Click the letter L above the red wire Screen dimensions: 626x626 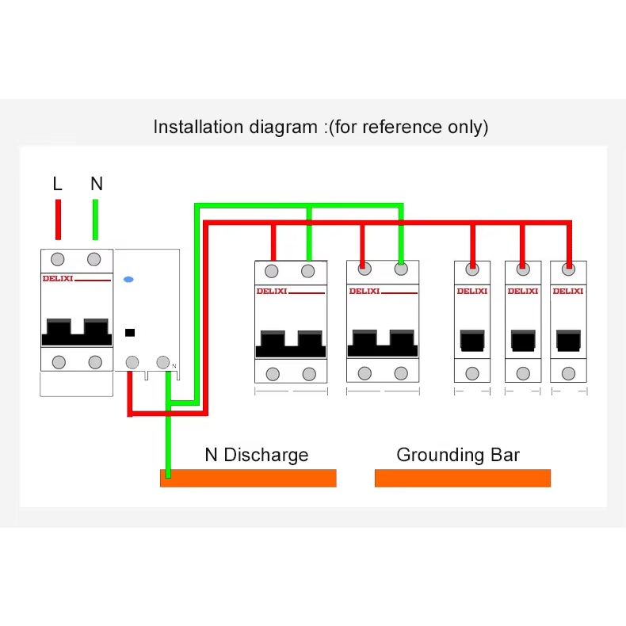[57, 184]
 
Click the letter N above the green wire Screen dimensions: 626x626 [97, 184]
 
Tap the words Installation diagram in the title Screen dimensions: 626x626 [235, 127]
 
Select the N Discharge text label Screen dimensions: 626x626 [256, 455]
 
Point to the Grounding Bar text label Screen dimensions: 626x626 [458, 455]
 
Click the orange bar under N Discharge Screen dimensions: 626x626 [248, 478]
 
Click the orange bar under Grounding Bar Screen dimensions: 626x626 [462, 478]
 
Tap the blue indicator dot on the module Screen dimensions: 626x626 [128, 280]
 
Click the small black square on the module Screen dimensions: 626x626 [130, 333]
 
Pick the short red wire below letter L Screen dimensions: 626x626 [58, 219]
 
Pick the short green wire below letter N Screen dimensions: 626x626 [95, 219]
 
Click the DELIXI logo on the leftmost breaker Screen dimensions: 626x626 [57, 279]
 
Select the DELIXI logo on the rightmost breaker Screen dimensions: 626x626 [568, 291]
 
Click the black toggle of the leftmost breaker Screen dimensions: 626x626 [77, 332]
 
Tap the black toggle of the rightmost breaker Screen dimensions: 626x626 [569, 340]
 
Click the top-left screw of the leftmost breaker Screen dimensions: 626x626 [58, 259]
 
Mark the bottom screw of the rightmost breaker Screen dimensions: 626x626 [569, 373]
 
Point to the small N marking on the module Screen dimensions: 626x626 [174, 366]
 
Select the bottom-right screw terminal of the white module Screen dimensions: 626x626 [162, 362]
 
